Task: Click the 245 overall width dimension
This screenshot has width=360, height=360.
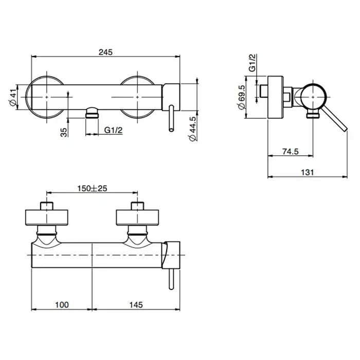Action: click(x=105, y=52)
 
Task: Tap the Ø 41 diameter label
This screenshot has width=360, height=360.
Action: click(x=13, y=97)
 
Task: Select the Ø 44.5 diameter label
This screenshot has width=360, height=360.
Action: click(x=192, y=129)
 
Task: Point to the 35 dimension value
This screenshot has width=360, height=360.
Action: click(x=64, y=133)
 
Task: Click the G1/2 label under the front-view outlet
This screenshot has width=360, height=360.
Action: click(x=114, y=130)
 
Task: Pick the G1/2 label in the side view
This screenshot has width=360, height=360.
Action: click(x=252, y=63)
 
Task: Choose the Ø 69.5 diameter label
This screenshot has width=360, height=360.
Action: click(x=242, y=97)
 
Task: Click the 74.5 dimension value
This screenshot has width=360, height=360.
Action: click(x=291, y=152)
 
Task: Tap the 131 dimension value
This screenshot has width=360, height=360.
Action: click(x=307, y=172)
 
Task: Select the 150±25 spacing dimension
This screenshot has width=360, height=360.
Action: click(x=92, y=189)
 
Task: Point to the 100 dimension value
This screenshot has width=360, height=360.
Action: click(x=62, y=304)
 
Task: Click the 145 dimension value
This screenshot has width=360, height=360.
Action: click(x=136, y=304)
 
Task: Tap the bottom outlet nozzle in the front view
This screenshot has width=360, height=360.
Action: click(x=92, y=113)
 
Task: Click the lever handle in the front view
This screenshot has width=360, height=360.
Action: click(x=171, y=118)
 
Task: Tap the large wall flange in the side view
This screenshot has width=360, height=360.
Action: click(x=276, y=97)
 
